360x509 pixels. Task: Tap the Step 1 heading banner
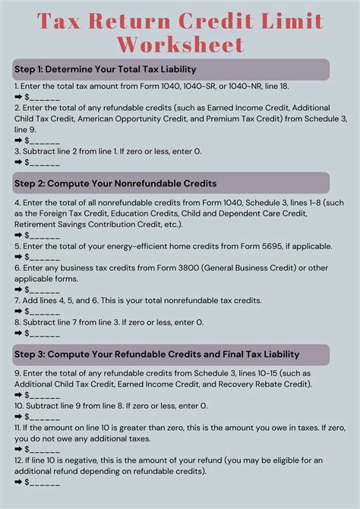point(171,70)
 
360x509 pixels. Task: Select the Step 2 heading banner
point(171,183)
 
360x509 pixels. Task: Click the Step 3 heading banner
point(171,354)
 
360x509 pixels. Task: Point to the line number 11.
point(18,428)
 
